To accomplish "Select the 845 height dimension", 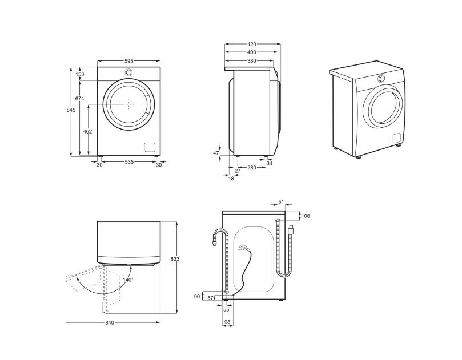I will [x=70, y=110].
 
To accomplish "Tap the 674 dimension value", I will [x=80, y=99].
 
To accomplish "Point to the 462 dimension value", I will [x=88, y=132].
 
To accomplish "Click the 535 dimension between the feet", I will [x=129, y=163].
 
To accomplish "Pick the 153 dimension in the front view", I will [x=80, y=75].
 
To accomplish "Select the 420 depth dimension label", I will [x=251, y=44].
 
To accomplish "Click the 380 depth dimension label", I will [x=251, y=60].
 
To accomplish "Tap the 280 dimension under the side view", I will [x=251, y=169].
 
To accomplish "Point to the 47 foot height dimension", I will [x=216, y=153].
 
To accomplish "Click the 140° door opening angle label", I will [x=127, y=280].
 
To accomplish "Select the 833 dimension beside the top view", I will [x=175, y=259].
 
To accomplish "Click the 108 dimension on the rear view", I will [x=305, y=216].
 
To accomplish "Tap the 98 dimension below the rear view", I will [x=228, y=323].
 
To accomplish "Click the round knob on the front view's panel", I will [x=129, y=73].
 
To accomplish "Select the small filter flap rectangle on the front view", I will [x=150, y=146].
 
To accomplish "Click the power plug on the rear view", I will [x=243, y=248].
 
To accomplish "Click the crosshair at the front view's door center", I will [x=130, y=104].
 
